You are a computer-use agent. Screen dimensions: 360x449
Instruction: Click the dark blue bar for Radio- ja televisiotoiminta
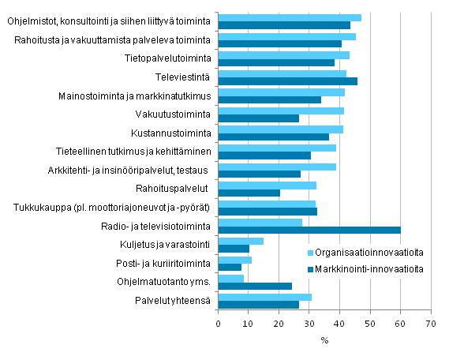309,231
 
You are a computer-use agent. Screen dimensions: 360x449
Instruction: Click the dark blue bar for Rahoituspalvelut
249,193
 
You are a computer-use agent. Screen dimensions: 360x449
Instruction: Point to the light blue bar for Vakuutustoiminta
280,111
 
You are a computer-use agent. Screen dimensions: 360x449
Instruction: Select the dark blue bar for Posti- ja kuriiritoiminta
230,268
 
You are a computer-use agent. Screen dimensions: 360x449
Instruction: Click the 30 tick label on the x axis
309,324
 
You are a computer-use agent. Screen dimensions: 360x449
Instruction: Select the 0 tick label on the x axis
218,324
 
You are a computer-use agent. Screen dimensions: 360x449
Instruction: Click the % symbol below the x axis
324,341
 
